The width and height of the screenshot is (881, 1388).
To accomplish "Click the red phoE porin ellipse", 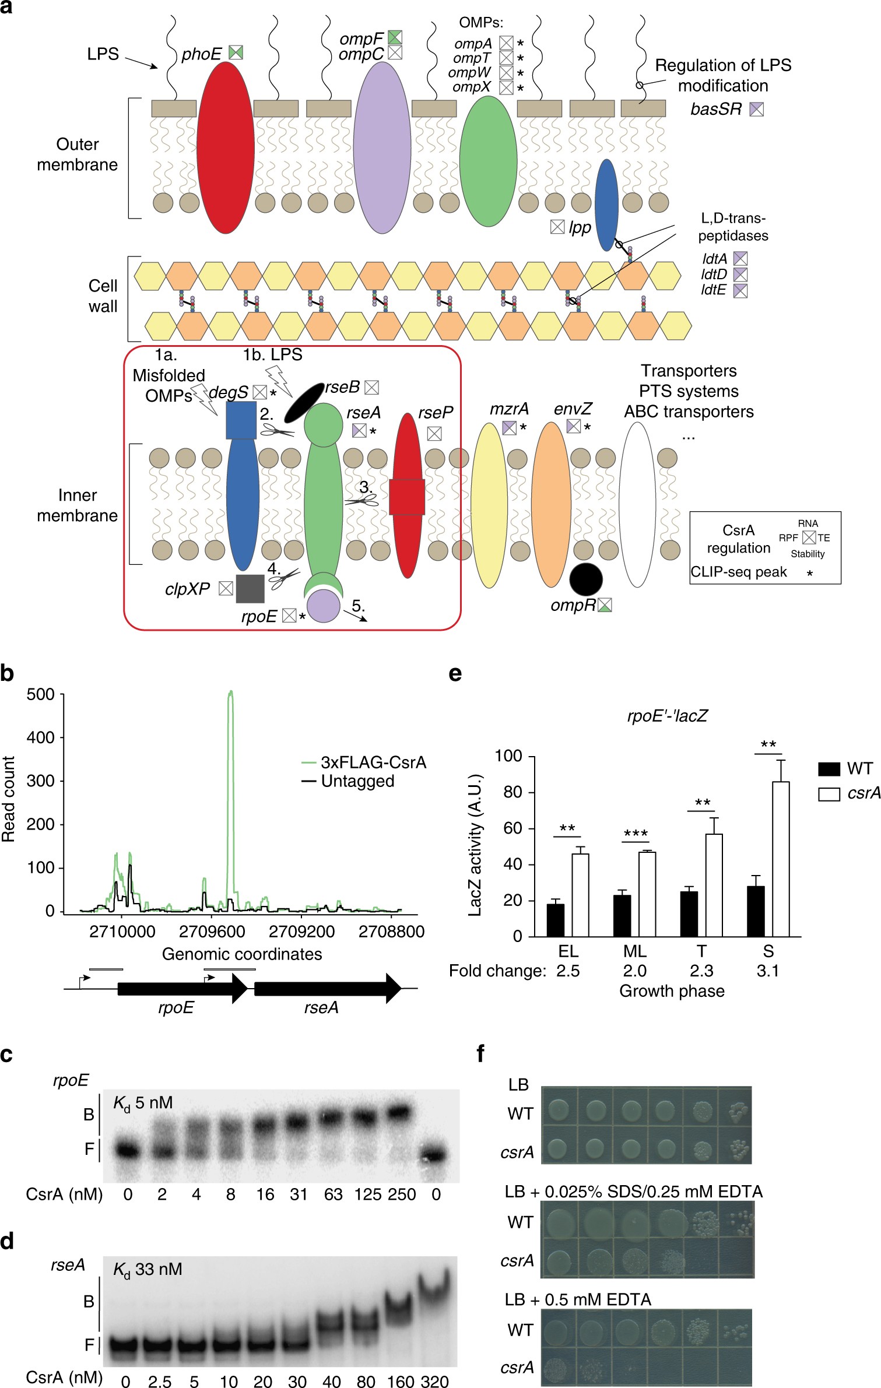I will (226, 147).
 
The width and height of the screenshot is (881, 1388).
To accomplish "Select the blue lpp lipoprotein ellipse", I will (606, 204).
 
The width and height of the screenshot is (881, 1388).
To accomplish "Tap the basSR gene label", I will (716, 109).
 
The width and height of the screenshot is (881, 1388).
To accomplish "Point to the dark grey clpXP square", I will (250, 589).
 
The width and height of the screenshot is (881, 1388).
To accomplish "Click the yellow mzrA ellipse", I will (489, 505).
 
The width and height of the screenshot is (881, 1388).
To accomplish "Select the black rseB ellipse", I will (303, 402).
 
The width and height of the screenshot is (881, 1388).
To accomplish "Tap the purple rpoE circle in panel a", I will (324, 606).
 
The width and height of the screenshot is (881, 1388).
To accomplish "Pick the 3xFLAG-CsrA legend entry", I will (364, 762).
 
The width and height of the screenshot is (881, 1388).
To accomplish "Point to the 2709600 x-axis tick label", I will (212, 932).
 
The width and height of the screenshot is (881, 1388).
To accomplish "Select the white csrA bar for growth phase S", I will (781, 859).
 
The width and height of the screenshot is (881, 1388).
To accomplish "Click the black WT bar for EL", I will (555, 920).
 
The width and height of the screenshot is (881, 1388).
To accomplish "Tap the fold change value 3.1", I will (768, 971).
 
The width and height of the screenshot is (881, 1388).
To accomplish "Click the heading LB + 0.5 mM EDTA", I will (578, 1299).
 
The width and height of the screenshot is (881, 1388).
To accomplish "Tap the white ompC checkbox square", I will (395, 52).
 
